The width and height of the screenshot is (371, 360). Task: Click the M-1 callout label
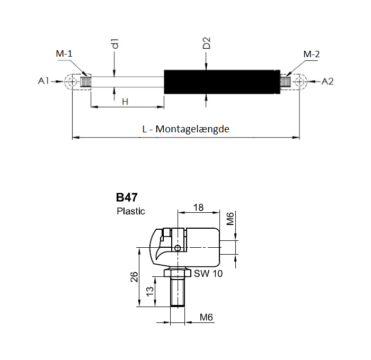[x=64, y=53]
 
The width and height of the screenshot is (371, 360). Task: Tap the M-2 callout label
[x=312, y=54]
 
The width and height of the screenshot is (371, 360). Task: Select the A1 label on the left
[x=43, y=81]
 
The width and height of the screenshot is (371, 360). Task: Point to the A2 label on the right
[x=328, y=82]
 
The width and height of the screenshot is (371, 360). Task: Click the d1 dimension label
[x=115, y=43]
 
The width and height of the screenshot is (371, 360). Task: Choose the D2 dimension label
[x=207, y=43]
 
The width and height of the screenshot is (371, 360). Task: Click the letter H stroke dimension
[x=125, y=102]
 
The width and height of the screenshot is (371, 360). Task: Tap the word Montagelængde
[x=192, y=129]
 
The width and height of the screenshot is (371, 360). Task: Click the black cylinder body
[x=222, y=82]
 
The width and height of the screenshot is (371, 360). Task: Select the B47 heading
[x=127, y=197]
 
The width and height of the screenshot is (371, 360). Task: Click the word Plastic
[x=130, y=211]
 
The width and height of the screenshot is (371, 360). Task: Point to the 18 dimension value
[x=198, y=208]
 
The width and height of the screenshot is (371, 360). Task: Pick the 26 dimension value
[x=135, y=277]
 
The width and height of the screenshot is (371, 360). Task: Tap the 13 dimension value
[x=150, y=292]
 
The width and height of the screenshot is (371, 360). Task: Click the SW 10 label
[x=208, y=274]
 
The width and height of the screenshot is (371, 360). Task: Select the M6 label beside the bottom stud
[x=206, y=317]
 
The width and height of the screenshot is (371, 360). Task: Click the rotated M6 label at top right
[x=230, y=219]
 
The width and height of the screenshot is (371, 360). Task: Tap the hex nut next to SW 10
[x=178, y=273]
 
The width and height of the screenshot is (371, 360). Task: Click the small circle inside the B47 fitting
[x=178, y=248]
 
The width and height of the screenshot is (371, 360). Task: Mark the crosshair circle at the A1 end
[x=72, y=82]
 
